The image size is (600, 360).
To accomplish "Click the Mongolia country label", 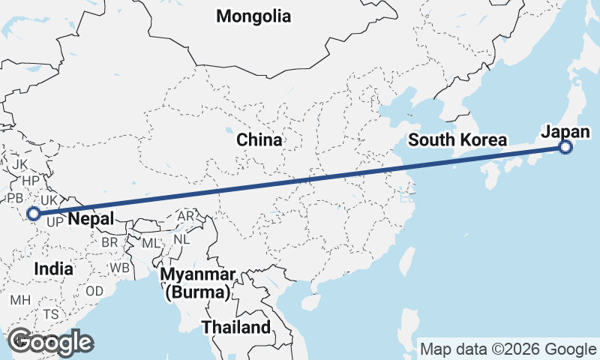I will point(253,16).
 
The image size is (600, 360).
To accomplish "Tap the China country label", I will point(259,139).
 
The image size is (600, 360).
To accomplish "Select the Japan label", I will point(560,131).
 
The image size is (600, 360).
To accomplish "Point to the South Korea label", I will point(458,139).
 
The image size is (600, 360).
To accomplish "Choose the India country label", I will point(54,268).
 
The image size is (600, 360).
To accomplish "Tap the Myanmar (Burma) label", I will point(198,283).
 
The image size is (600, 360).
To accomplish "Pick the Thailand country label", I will point(235,327).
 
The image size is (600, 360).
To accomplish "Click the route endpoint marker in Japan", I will point(565,148).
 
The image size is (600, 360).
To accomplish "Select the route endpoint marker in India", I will point(34,214).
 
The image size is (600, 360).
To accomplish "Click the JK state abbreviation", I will point(19,163).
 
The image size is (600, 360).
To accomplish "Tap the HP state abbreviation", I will point(30,181).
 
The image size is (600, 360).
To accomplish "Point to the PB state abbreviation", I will point(14,199).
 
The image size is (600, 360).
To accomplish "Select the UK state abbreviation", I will point(49,200).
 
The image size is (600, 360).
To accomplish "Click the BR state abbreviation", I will point(109,243).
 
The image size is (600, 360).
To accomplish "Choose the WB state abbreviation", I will point(119,267).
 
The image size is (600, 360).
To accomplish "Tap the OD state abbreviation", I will point(94,291).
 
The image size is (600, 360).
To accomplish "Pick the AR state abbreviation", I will point(185,216).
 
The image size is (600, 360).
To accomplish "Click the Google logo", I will point(50,342).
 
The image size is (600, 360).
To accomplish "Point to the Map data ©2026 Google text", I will point(508,349).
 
